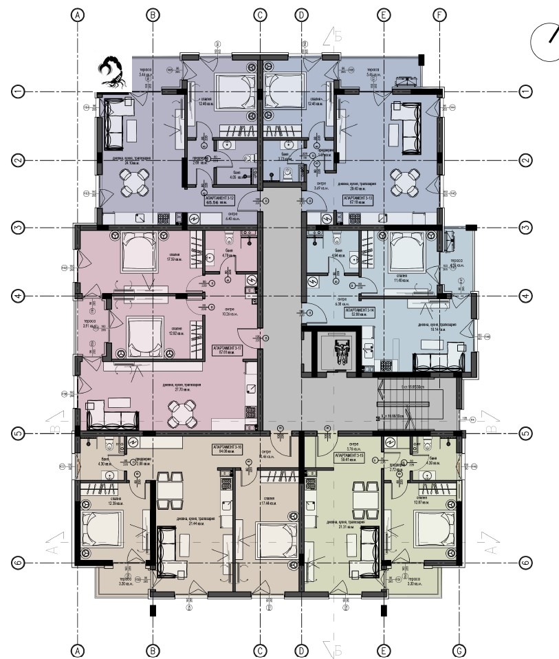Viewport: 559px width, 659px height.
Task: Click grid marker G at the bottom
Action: tap(459, 649)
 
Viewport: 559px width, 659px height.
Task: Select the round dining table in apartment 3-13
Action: tap(404, 183)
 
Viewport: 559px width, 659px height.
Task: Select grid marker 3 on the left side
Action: tap(19, 228)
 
